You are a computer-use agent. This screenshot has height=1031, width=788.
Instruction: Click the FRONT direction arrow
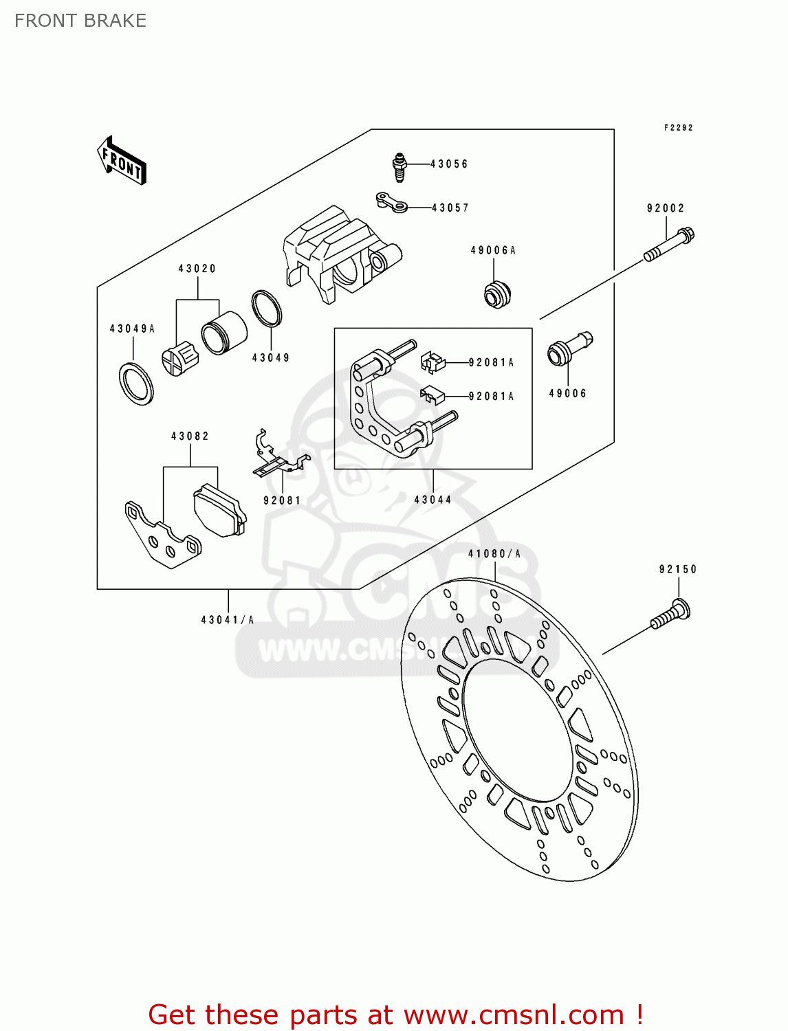(122, 161)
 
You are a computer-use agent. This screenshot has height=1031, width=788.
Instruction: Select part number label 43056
(449, 164)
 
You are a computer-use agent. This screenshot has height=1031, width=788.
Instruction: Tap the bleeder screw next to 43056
(400, 167)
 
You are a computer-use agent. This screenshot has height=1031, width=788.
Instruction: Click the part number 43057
(450, 208)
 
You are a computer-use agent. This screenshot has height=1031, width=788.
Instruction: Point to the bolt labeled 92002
(669, 245)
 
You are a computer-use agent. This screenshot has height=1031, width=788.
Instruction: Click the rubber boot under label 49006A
(496, 294)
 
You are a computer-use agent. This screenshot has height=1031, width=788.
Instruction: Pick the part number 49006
(567, 393)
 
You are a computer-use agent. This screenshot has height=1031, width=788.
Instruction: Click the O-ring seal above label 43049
(267, 309)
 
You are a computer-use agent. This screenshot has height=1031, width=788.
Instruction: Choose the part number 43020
(197, 269)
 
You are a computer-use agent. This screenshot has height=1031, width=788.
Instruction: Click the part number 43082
(190, 436)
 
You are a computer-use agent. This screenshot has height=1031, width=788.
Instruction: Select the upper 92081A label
(491, 362)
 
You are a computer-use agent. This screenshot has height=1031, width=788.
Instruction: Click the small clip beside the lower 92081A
(432, 395)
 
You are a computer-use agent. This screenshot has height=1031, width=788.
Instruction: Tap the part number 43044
(433, 500)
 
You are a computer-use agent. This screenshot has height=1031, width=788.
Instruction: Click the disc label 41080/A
(494, 554)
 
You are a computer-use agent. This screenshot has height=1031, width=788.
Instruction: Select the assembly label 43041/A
(228, 620)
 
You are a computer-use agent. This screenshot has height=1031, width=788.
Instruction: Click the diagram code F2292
(678, 128)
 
